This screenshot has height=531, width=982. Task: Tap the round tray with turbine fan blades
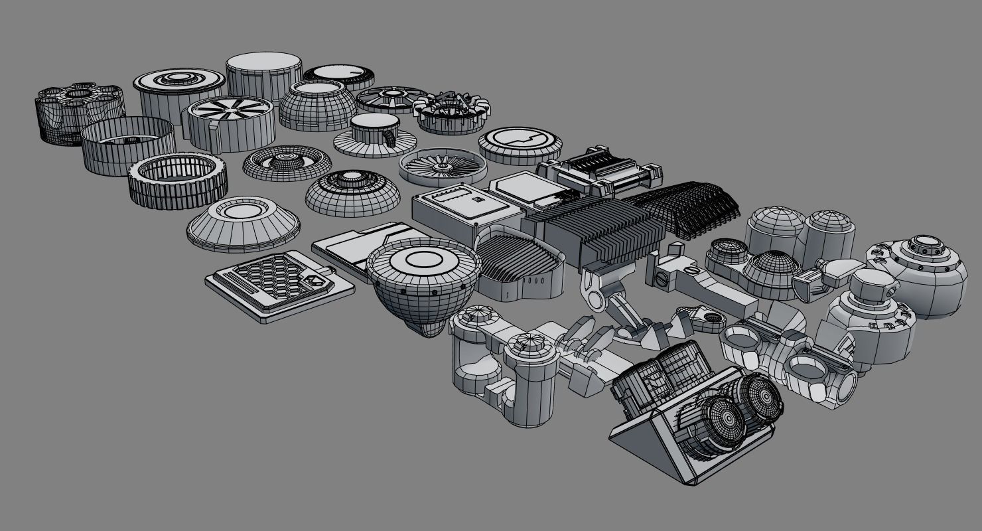pos(443,166)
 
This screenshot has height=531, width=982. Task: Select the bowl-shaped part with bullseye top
pos(423,282)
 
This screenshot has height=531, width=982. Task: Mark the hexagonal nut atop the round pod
pos(871,286)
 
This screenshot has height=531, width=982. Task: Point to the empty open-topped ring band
pos(128,145)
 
